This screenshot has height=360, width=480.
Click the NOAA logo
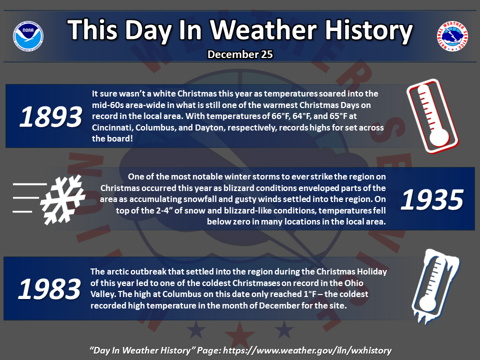coord(28,36)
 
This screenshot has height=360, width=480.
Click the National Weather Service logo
coord(452,36)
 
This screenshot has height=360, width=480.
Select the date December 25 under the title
coord(240,54)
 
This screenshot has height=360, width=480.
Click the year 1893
coord(51,116)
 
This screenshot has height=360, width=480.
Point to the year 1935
coord(432,199)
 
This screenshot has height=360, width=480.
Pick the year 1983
coord(49,289)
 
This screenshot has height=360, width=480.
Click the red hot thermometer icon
coord(432,116)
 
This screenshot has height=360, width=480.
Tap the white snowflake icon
coord(63,199)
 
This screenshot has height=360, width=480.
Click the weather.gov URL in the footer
coord(307,350)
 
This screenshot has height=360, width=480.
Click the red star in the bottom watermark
coord(239,335)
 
